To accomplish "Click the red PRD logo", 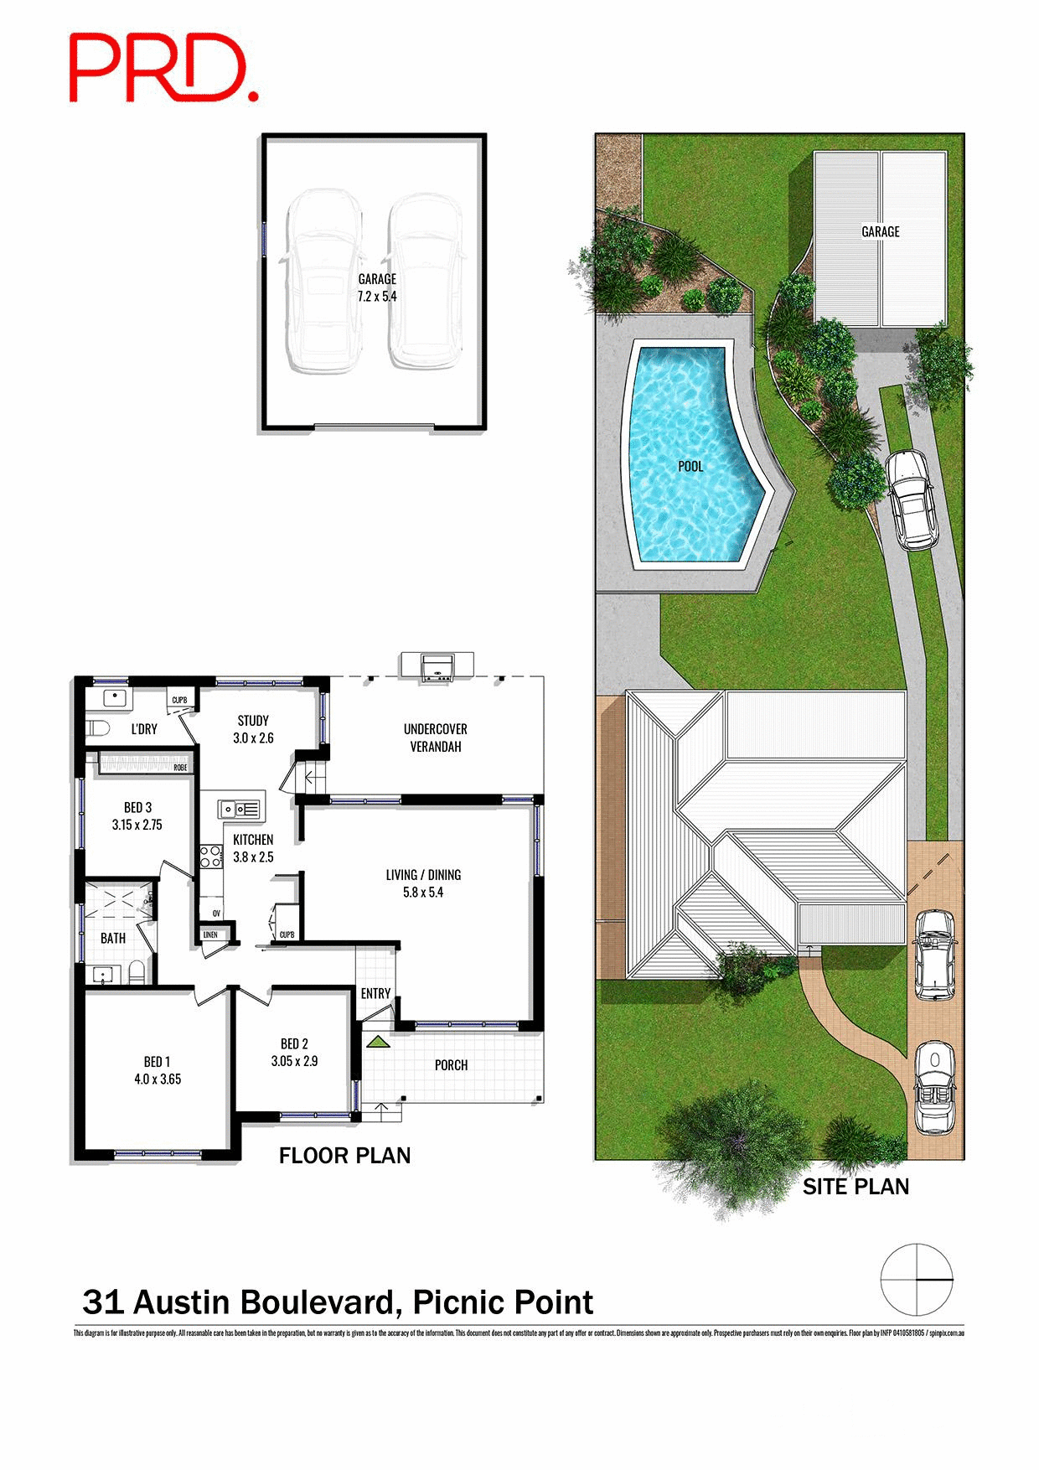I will [x=163, y=69].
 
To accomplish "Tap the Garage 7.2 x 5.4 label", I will [x=377, y=287].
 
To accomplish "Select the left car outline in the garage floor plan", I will [x=323, y=281].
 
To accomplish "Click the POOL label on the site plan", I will [x=690, y=466].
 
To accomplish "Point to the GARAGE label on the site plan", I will [x=880, y=231].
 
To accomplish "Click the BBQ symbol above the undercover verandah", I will [x=437, y=667].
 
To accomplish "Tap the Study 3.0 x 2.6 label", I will [x=253, y=729].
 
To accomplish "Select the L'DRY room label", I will [x=144, y=729].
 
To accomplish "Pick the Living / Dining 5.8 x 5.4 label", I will [x=423, y=883].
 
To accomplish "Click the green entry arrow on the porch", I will [x=378, y=1042].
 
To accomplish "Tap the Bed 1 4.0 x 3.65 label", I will [x=157, y=1070].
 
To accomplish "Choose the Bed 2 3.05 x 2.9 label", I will [x=294, y=1052].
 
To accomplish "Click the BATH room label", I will [x=113, y=938].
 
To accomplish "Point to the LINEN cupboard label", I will [x=210, y=934].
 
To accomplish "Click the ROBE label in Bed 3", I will [x=180, y=767].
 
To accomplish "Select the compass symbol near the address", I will [x=917, y=1280].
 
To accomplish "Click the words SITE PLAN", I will [x=855, y=1187].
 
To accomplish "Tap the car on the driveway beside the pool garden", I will [x=912, y=500].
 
